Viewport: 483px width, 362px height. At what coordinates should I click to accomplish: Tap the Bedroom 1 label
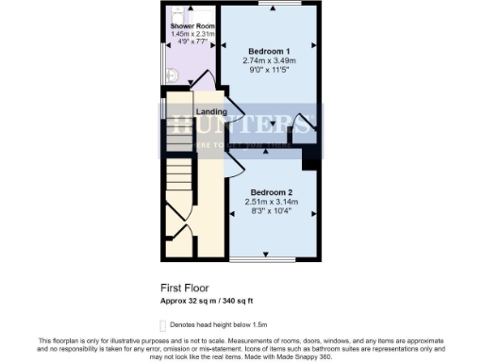pyautogui.click(x=269, y=50)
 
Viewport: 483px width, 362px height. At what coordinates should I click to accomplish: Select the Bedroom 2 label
pyautogui.click(x=271, y=192)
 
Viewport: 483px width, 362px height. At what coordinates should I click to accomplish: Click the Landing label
pyautogui.click(x=210, y=112)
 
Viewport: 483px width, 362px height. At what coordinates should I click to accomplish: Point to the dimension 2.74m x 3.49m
pyautogui.click(x=269, y=59)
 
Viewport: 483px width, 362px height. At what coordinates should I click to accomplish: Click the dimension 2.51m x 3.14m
pyautogui.click(x=271, y=202)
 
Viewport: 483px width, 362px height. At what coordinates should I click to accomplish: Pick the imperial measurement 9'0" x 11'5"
pyautogui.click(x=269, y=69)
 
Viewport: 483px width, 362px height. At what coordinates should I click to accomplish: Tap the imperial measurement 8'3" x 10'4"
pyautogui.click(x=271, y=211)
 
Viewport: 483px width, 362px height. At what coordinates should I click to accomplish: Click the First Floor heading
pyautogui.click(x=184, y=287)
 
